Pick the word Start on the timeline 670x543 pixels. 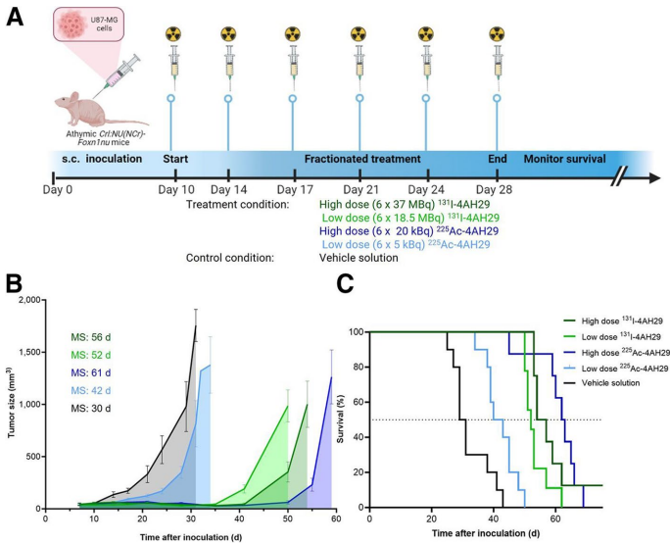coord(175,159)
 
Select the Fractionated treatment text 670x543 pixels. coord(361,159)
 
